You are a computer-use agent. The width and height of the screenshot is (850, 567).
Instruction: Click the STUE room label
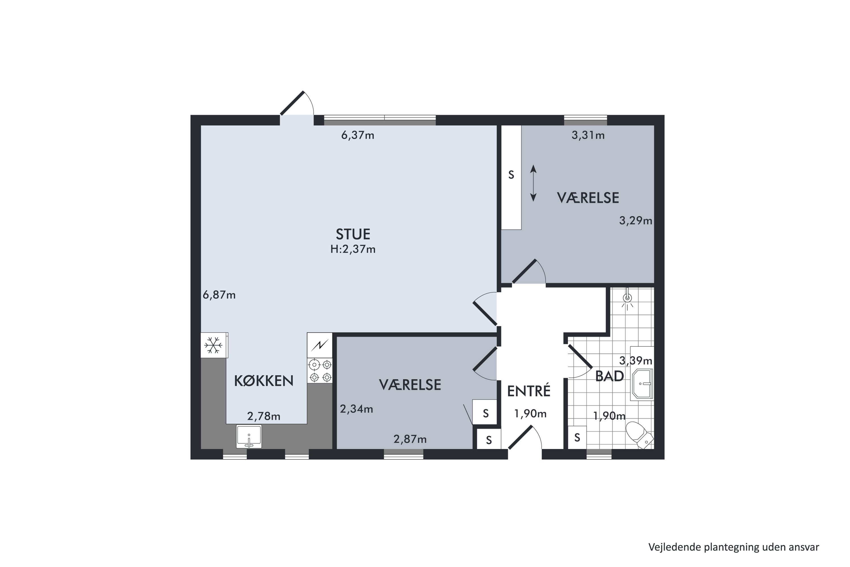[x=353, y=234]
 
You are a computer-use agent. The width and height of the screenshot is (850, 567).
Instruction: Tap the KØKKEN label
[x=264, y=381]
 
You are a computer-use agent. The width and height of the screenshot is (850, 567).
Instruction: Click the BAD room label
[x=609, y=376]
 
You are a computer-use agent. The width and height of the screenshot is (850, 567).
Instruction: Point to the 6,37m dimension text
[x=358, y=135]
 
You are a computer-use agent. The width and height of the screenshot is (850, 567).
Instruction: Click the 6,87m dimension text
[x=219, y=295]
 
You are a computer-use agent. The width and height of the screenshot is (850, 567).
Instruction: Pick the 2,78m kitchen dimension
[x=264, y=416]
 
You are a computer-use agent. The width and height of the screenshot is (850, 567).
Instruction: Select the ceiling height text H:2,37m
[x=353, y=249]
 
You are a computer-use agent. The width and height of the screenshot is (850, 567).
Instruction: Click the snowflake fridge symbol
[x=214, y=345]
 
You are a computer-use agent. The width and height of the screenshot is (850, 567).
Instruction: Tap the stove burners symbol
[x=320, y=371]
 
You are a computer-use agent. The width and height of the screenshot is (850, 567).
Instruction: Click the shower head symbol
[x=628, y=298]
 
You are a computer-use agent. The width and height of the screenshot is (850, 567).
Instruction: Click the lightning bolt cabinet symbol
[x=320, y=345]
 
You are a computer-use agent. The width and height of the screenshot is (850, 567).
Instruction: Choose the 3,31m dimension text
[x=588, y=135]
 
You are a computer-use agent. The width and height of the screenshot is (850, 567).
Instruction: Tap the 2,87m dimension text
[x=410, y=439]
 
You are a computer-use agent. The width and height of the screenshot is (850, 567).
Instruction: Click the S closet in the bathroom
[x=577, y=438]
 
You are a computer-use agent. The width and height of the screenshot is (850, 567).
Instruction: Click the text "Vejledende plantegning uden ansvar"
[x=734, y=547]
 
